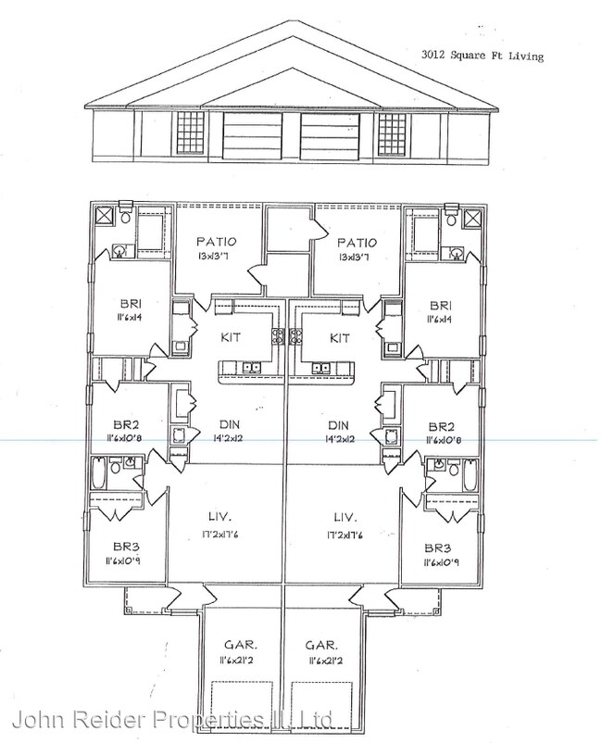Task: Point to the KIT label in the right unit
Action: tap(339, 339)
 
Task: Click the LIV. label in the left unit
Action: tap(219, 516)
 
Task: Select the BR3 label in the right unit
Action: tap(439, 547)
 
